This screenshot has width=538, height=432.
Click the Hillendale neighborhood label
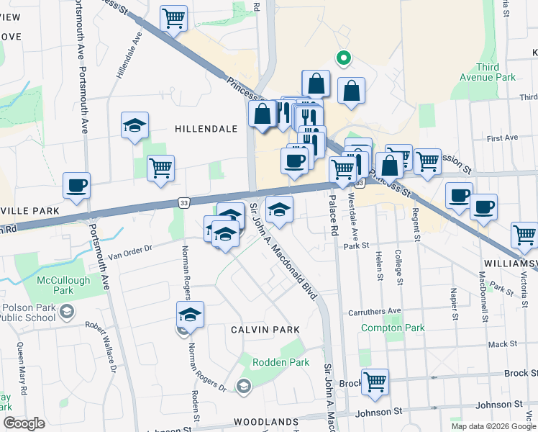tap(206, 128)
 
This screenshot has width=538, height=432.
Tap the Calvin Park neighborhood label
tap(265, 329)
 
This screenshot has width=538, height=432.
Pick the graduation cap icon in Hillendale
tap(134, 125)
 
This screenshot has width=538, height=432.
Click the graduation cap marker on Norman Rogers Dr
tap(191, 315)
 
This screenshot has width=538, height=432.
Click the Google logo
tap(24, 423)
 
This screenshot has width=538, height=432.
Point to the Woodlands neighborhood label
tap(266, 422)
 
